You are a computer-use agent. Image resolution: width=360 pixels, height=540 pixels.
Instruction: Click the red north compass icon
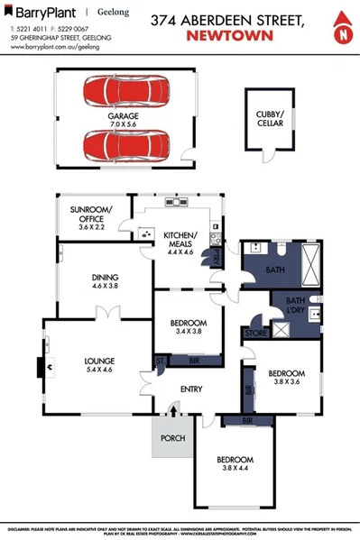coord(341,30)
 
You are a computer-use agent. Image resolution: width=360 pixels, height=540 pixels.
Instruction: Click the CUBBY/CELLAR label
coord(271,117)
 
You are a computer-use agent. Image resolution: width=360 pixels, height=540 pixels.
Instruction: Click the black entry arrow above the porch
coord(172,410)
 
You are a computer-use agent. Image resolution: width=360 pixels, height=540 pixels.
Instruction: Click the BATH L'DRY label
coord(295,305)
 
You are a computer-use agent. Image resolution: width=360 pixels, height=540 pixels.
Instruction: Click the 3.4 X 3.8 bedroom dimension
coord(189,331)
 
